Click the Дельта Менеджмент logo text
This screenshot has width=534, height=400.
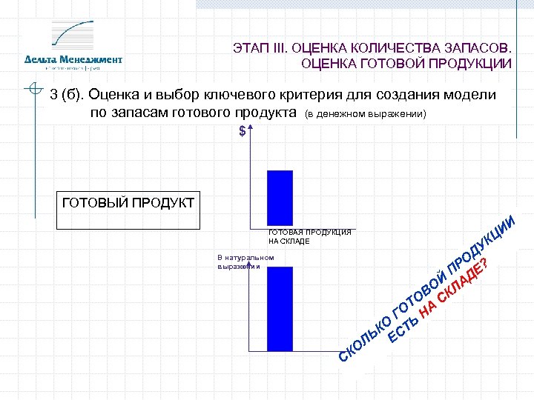pyautogui.click(x=73, y=59)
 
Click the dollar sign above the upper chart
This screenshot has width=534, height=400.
pyautogui.click(x=243, y=131)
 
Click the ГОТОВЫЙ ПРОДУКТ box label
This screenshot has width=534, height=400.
pyautogui.click(x=127, y=202)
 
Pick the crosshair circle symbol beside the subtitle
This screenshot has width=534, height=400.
pyautogui.click(x=34, y=90)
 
